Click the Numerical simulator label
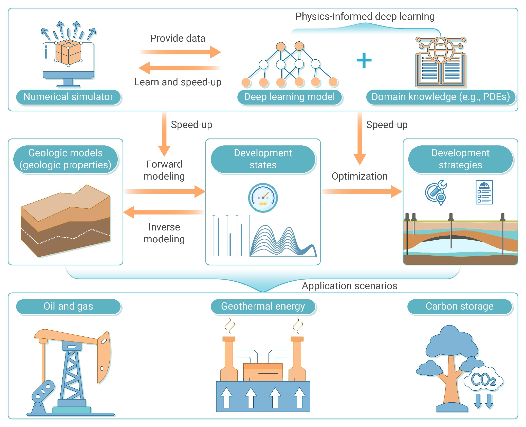pos(68,97)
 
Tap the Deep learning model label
pos(289,97)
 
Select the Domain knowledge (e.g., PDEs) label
pos(440,97)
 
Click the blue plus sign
pos(364,61)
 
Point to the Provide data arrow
pos(180,52)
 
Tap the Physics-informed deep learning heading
pos(365,16)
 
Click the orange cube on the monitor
pos(68,52)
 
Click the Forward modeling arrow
pos(164,191)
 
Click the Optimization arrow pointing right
pos(361,191)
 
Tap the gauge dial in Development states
pos(263,198)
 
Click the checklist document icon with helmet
pos(484,192)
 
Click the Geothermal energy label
pos(263,306)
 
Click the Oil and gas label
pos(68,306)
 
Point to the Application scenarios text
pos(349,286)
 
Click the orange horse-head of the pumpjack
pos(104,357)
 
